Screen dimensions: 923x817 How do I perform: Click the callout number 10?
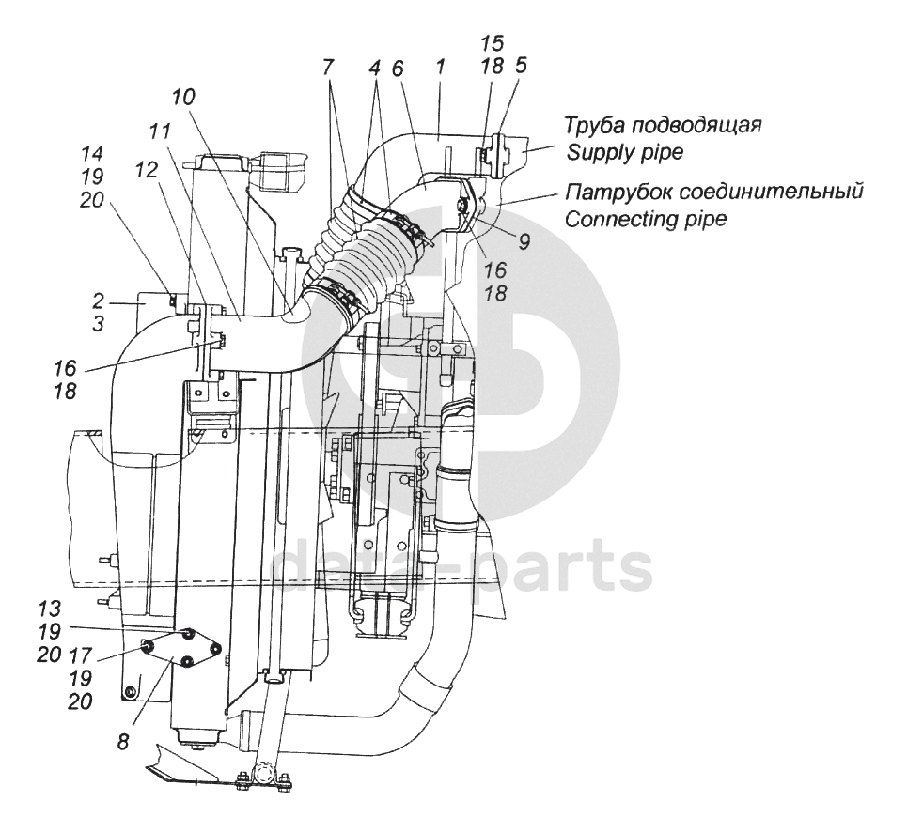point(183,97)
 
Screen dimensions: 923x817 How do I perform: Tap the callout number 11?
point(159,131)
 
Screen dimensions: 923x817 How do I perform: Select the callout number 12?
point(146,170)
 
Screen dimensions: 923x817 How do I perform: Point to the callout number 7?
point(328,67)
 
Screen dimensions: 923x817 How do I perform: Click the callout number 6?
point(398,69)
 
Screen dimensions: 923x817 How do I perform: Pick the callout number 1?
point(438,67)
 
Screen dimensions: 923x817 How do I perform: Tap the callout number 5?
point(521,66)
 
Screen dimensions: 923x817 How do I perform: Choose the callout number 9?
point(524,240)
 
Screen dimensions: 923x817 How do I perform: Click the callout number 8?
point(122,742)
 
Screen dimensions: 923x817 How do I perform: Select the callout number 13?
point(50,608)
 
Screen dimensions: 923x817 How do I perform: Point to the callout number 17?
point(81,655)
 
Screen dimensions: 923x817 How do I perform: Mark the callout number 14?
point(92,153)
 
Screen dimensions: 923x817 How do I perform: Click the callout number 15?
point(493,43)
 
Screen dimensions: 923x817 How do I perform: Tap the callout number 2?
point(98,301)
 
